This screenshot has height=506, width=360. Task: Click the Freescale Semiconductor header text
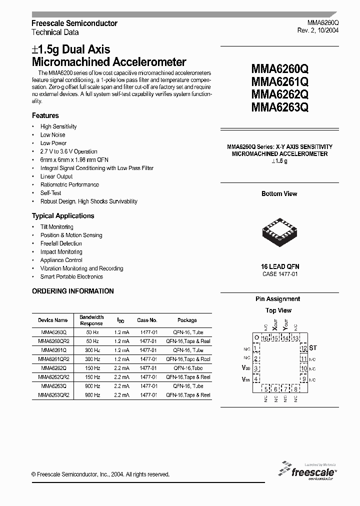[x=74, y=23]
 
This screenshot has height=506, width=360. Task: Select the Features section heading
[x=45, y=115]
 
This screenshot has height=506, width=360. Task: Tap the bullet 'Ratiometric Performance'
[x=69, y=185]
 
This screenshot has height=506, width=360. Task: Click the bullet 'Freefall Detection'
[x=61, y=243]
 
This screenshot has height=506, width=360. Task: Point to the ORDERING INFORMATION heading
[x=73, y=291]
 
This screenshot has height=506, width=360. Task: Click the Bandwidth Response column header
[x=91, y=320]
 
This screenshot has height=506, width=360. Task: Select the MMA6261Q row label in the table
[x=53, y=350]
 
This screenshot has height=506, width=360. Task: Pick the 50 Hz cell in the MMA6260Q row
[x=92, y=332]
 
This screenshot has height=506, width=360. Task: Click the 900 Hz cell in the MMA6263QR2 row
[x=92, y=395]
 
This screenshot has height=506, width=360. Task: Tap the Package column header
[x=187, y=320]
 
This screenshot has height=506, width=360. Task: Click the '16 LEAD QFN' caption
[x=280, y=266]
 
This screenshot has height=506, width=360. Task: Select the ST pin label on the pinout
[x=313, y=347]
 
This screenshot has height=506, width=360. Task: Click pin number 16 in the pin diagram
[x=265, y=338]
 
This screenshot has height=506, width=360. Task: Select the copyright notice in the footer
[x=100, y=474]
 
